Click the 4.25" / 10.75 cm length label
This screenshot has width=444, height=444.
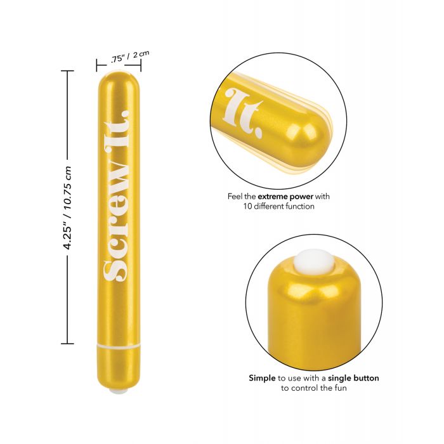tap(67, 207)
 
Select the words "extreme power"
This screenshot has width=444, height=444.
tap(285, 196)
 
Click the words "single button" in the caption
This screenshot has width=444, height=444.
tap(353, 378)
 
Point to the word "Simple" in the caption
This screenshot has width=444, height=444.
tap(262, 378)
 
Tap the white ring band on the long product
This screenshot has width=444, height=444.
tap(119, 346)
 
